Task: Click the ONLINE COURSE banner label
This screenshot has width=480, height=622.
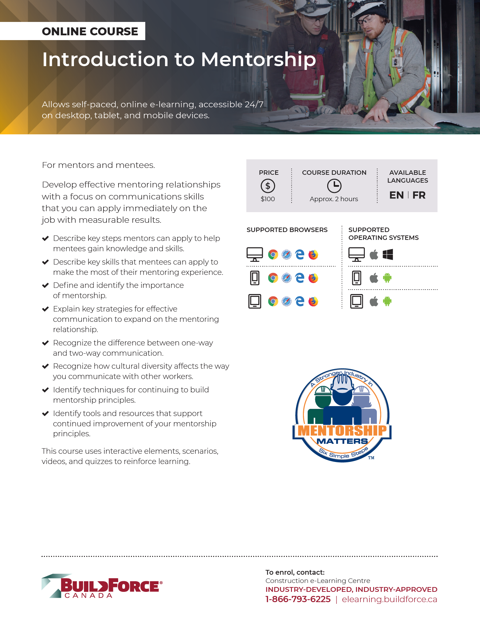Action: point(90,32)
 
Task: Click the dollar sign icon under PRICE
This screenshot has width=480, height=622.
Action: point(268,186)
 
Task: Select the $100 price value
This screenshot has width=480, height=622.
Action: point(268,199)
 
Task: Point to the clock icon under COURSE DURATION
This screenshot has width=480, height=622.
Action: point(334,186)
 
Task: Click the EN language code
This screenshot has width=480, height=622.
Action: point(396,195)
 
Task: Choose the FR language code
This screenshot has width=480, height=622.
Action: point(419,195)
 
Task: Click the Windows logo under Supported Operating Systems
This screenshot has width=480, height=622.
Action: point(388,255)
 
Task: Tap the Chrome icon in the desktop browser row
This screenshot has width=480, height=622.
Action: point(273,255)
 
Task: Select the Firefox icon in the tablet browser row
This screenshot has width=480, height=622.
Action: point(313,302)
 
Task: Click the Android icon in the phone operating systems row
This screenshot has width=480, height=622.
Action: point(387,278)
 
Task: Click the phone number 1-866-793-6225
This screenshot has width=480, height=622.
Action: point(298,599)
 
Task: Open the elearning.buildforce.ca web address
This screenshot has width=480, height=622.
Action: point(390,599)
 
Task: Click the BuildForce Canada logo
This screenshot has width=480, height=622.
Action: point(102,586)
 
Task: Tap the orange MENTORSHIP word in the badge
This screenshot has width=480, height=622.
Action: point(342,431)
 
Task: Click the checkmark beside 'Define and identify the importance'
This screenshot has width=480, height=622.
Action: point(45,285)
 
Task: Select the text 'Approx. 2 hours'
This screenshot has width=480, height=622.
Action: point(334,199)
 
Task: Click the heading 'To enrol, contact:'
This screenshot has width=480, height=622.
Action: point(295,572)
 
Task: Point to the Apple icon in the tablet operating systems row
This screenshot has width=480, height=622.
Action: point(374,302)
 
